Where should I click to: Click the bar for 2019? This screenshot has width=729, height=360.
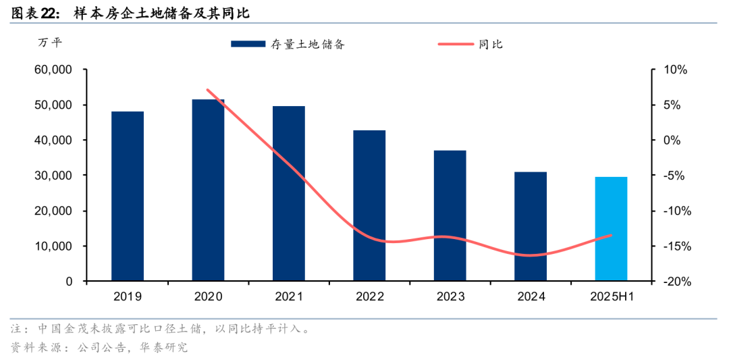pyautogui.click(x=128, y=196)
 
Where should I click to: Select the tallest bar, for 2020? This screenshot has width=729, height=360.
pyautogui.click(x=208, y=190)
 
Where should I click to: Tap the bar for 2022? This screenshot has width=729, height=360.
pyautogui.click(x=369, y=205)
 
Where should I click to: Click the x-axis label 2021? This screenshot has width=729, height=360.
pyautogui.click(x=289, y=297)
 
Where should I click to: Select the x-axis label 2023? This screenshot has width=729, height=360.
pyautogui.click(x=450, y=297)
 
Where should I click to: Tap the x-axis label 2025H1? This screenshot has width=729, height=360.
pyautogui.click(x=611, y=297)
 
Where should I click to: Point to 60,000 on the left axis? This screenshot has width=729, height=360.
pyautogui.click(x=53, y=70)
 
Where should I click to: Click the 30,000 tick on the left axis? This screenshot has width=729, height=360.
pyautogui.click(x=53, y=176)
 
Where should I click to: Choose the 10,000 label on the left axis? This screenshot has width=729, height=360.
pyautogui.click(x=53, y=246)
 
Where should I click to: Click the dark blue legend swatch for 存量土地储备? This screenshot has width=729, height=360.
pyautogui.click(x=247, y=45)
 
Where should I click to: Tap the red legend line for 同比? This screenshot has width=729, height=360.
pyautogui.click(x=456, y=45)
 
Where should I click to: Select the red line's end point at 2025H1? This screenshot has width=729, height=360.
pyautogui.click(x=611, y=235)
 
